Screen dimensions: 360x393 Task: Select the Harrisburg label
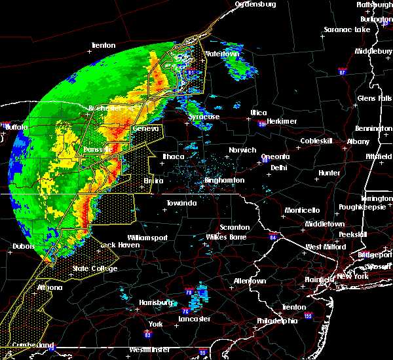155,302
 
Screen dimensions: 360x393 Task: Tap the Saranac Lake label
346,30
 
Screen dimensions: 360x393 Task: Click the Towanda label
181,204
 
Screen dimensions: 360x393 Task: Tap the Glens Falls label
375,98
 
